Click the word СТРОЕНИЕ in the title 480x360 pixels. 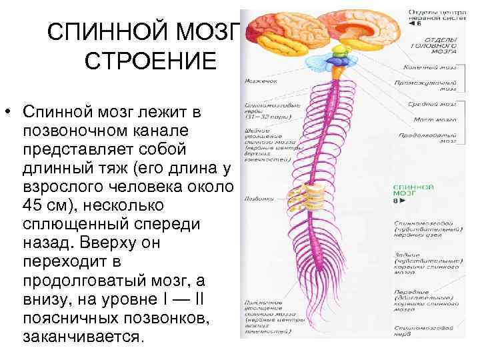[151, 62]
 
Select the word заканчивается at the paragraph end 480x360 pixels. [83, 336]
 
